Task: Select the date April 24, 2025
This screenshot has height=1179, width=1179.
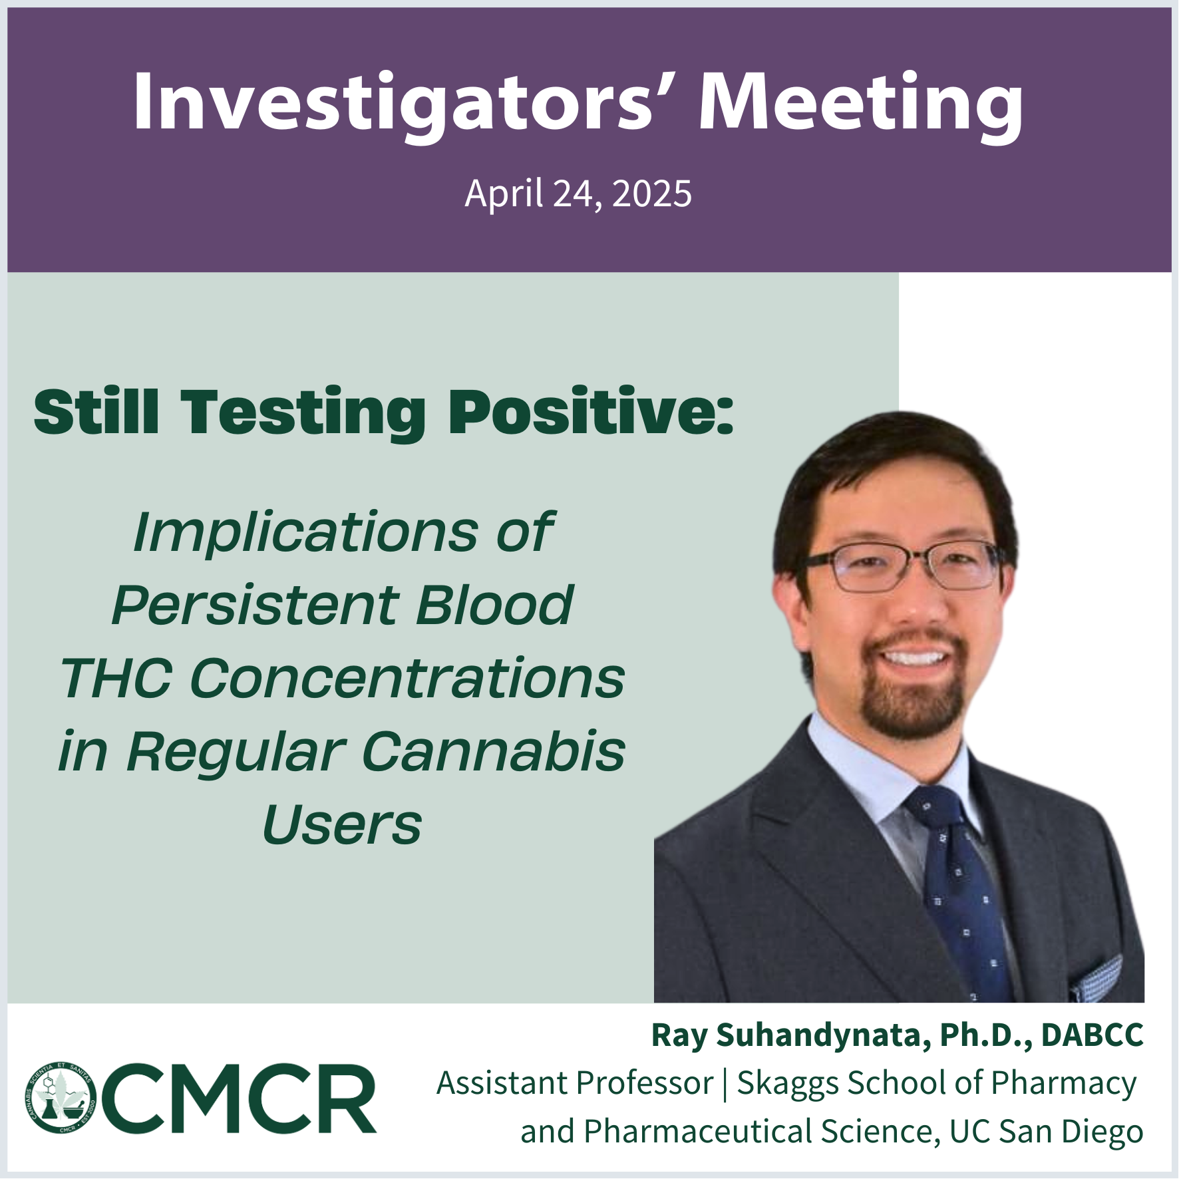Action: click(578, 193)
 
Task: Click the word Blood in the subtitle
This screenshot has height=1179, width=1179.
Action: click(494, 605)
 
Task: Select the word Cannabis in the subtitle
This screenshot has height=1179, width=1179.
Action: click(493, 751)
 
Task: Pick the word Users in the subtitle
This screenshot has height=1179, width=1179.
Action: click(342, 824)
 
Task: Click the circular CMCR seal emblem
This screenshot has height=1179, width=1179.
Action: click(61, 1098)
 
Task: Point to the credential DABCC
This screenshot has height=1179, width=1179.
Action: click(1092, 1035)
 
